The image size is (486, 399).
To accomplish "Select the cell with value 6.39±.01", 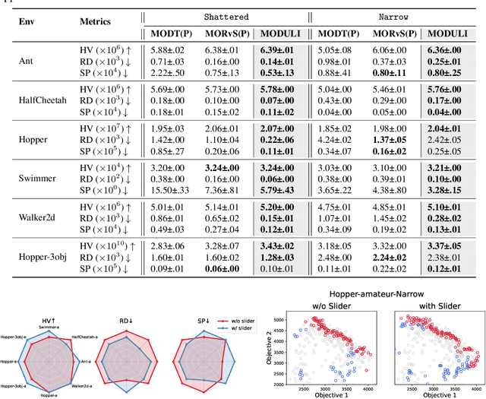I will tap(279, 49).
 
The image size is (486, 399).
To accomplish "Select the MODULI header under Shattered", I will tap(279, 33).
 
